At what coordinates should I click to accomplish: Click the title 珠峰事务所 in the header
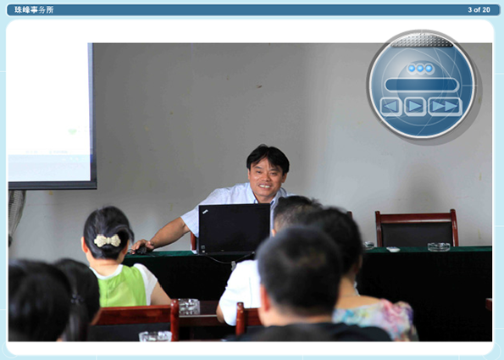coord(34,10)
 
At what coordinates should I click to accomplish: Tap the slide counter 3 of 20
coord(479,10)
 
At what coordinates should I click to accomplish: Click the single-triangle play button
coord(415,106)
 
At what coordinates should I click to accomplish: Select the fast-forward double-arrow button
coord(446,107)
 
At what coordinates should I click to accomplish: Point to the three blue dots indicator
coord(420,69)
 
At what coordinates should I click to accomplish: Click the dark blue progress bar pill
coord(422,85)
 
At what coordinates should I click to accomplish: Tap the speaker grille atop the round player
coord(421,41)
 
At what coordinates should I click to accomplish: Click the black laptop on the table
coord(234,229)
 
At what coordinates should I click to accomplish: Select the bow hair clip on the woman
coord(108,241)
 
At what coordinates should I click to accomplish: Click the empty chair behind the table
coord(417,228)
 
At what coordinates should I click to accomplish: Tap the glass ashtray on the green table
coord(439,246)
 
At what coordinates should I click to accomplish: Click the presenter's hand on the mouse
coord(141,246)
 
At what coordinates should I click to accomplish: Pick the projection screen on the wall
coord(52,116)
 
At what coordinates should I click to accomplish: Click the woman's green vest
coord(123,286)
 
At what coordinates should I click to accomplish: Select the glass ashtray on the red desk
coord(189,307)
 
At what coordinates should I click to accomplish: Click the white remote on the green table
coord(393,249)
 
